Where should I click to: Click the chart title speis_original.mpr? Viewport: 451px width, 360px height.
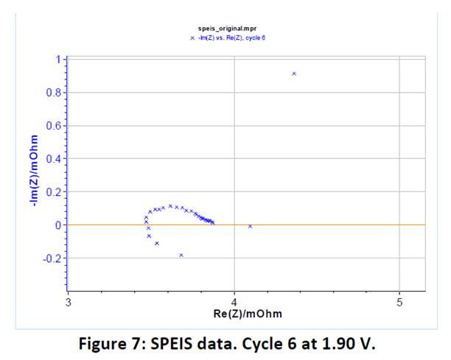[x=227, y=29]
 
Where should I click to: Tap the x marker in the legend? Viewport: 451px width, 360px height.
[x=192, y=38]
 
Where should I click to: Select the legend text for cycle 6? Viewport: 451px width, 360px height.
[x=231, y=38]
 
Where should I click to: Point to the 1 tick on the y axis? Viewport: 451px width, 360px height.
[x=59, y=60]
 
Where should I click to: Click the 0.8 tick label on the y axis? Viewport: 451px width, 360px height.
[x=54, y=93]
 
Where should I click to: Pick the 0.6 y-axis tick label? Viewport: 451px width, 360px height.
[x=54, y=126]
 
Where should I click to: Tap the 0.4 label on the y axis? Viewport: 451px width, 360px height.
[x=54, y=158]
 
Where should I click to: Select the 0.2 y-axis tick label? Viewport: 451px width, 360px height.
[x=54, y=192]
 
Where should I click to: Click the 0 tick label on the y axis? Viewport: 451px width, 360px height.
[x=58, y=225]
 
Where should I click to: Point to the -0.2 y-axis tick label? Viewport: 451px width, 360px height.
[x=52, y=258]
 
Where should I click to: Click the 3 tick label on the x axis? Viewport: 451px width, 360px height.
[x=69, y=303]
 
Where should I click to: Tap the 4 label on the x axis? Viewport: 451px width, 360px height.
[x=234, y=303]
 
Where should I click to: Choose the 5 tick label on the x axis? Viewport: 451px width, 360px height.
[x=399, y=303]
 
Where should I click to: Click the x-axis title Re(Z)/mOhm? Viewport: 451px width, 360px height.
[x=248, y=314]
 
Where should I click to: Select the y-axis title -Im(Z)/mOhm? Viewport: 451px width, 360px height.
[x=34, y=170]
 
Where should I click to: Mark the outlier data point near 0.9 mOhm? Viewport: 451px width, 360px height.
[x=294, y=74]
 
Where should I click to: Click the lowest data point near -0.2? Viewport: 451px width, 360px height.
[x=181, y=255]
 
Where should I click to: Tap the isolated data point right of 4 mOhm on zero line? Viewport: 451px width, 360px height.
[x=250, y=227]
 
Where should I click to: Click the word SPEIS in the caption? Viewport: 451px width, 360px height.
[x=172, y=343]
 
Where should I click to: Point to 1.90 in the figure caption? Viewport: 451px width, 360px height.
[x=338, y=343]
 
